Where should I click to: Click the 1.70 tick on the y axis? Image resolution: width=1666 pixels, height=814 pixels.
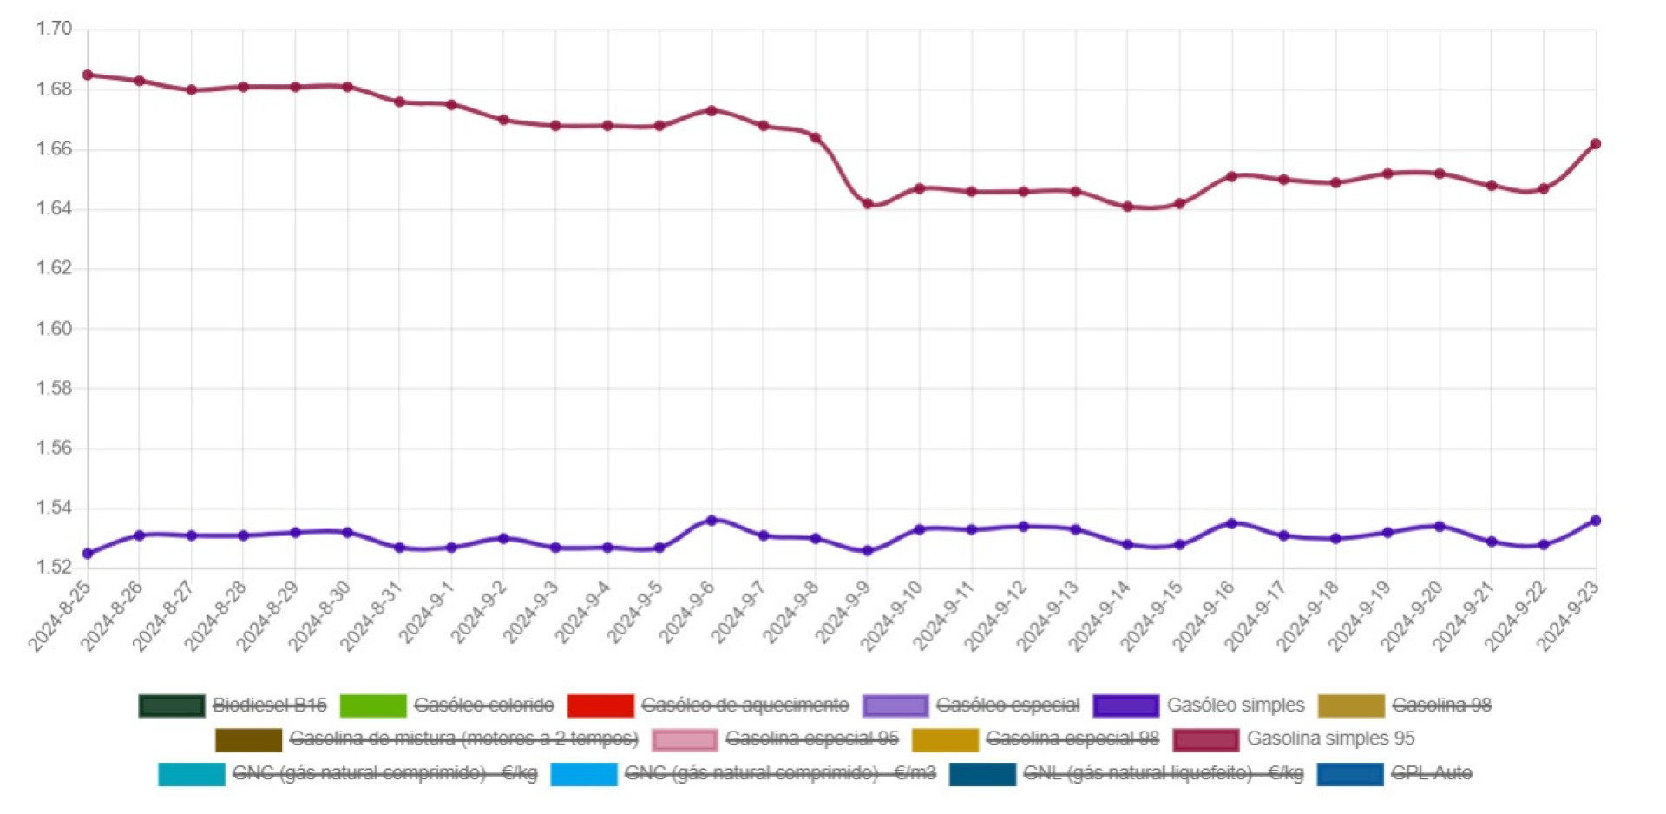pyautogui.click(x=54, y=29)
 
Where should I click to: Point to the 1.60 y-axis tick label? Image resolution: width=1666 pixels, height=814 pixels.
pyautogui.click(x=54, y=329)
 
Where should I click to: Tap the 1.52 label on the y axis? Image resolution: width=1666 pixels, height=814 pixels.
pyautogui.click(x=54, y=568)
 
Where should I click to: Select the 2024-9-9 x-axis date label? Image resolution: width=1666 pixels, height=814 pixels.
pyautogui.click(x=842, y=616)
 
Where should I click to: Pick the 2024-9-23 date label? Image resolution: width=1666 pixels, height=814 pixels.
pyautogui.click(x=1569, y=616)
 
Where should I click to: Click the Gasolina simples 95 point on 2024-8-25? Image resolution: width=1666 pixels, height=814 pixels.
pyautogui.click(x=88, y=75)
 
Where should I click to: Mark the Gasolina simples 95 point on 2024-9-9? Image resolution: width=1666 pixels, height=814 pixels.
pyautogui.click(x=868, y=204)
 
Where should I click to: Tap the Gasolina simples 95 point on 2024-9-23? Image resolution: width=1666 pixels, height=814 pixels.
pyautogui.click(x=1596, y=144)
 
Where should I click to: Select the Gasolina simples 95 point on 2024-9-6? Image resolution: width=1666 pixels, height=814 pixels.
pyautogui.click(x=712, y=111)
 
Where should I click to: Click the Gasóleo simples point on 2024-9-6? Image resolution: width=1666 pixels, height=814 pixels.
pyautogui.click(x=712, y=521)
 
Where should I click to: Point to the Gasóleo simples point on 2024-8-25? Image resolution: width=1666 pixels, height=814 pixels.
pyautogui.click(x=88, y=554)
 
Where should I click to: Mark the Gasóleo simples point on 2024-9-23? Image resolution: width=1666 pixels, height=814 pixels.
pyautogui.click(x=1596, y=521)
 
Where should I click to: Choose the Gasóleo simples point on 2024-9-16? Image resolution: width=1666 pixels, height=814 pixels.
pyautogui.click(x=1231, y=524)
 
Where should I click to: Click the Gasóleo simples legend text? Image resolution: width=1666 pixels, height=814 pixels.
pyautogui.click(x=1235, y=706)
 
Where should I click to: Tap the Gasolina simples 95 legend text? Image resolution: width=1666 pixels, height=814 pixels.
pyautogui.click(x=1330, y=739)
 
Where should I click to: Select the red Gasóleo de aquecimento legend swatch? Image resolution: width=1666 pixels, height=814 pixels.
pyautogui.click(x=600, y=706)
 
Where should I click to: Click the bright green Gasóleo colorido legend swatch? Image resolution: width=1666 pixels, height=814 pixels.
pyautogui.click(x=373, y=706)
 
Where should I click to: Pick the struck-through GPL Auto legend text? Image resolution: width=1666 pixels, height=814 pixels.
pyautogui.click(x=1431, y=773)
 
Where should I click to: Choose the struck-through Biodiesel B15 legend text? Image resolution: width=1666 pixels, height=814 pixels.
pyautogui.click(x=270, y=706)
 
